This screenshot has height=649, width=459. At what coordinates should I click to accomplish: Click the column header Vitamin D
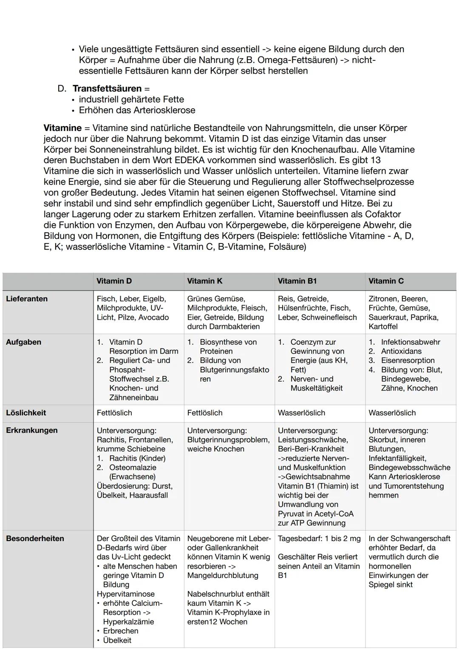click(x=114, y=281)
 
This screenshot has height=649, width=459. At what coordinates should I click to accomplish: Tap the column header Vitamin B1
click(x=297, y=281)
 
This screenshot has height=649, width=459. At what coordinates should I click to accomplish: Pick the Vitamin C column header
click(x=386, y=281)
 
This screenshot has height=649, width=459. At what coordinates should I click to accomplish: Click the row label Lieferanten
click(x=27, y=299)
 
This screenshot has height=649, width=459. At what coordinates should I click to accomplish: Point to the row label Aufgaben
click(x=23, y=342)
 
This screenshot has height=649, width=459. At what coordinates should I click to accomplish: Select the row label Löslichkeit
click(x=26, y=413)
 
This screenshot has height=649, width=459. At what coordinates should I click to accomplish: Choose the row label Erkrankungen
click(x=31, y=430)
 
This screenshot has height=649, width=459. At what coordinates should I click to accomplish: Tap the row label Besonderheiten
click(x=35, y=538)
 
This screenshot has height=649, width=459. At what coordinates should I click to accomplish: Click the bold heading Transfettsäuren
click(x=107, y=88)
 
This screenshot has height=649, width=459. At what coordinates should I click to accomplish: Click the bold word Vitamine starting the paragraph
click(x=62, y=128)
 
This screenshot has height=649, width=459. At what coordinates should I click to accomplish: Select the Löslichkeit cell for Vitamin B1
click(x=301, y=413)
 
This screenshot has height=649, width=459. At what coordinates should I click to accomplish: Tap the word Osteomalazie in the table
click(x=133, y=468)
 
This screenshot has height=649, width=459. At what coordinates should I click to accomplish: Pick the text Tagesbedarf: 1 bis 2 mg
click(x=319, y=538)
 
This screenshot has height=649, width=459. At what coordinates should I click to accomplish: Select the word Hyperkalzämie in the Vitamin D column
click(x=128, y=622)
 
